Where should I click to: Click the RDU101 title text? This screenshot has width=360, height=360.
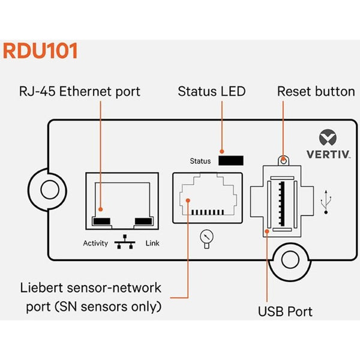(x=40, y=50)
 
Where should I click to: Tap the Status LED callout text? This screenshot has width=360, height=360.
(x=212, y=92)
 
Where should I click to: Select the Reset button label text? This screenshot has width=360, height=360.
(x=316, y=92)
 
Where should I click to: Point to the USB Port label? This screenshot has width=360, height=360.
(x=285, y=311)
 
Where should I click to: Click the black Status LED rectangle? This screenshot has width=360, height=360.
(x=231, y=161)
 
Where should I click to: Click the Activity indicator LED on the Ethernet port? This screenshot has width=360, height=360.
(x=101, y=221)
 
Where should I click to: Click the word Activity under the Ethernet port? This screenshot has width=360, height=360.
(x=95, y=244)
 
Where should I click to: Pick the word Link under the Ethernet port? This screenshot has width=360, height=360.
(x=152, y=244)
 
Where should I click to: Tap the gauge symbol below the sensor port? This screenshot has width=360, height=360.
(x=206, y=238)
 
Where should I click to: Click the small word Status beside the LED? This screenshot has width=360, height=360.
(x=200, y=161)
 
